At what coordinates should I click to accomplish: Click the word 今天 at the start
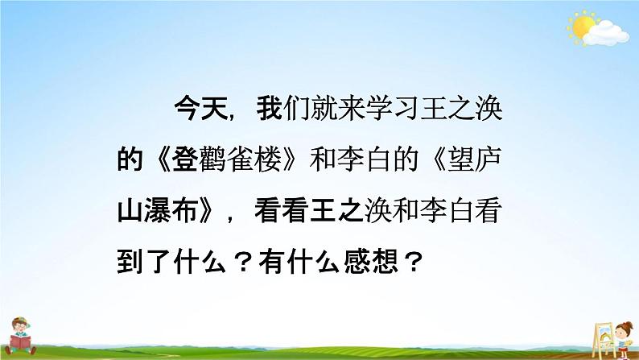point(201,109)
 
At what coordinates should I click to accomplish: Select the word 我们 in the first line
point(282,109)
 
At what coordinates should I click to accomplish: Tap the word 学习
point(392,109)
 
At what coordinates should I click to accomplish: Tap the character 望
point(460,159)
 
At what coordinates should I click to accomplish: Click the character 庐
point(488,159)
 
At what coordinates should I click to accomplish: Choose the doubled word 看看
point(282,210)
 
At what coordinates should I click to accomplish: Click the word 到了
point(143,261)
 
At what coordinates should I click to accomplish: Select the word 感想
point(371,261)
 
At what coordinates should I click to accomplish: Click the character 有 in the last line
point(272,261)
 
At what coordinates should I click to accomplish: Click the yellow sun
point(581,27)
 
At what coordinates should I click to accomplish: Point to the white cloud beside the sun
point(606,34)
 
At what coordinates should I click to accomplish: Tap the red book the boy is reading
point(20,341)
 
